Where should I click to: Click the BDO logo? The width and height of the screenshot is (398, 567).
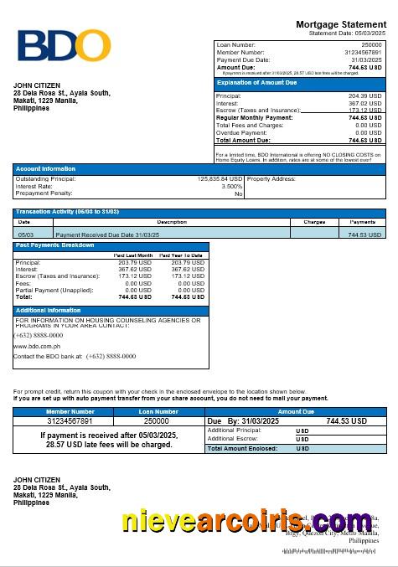click(x=65, y=47)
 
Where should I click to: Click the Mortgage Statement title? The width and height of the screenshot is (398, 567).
click(x=341, y=25)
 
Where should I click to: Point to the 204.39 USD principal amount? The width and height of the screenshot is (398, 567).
click(x=364, y=96)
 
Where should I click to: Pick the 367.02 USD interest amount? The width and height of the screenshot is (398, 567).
click(x=364, y=104)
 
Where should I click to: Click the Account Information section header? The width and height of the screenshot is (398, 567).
click(x=45, y=169)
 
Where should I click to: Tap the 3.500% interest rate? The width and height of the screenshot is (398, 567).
click(x=231, y=186)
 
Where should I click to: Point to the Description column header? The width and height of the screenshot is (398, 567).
click(x=172, y=222)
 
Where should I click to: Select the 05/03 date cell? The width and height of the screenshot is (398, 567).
click(x=26, y=235)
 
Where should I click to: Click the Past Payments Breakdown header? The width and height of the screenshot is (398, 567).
click(x=54, y=245)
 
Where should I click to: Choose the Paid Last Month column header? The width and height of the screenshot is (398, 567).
click(x=133, y=255)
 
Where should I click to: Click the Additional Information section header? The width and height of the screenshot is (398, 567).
click(x=48, y=311)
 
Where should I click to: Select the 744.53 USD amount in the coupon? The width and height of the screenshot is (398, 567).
click(x=346, y=421)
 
